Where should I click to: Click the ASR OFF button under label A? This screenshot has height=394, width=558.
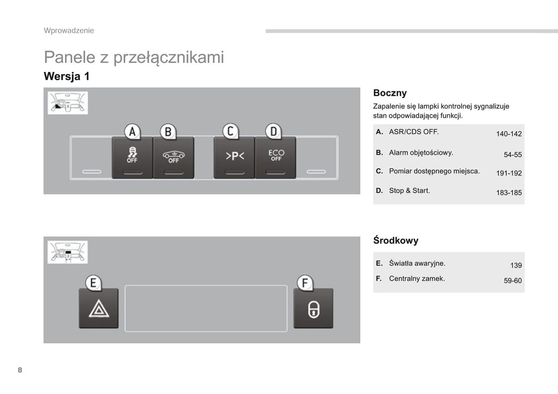tap(132, 157)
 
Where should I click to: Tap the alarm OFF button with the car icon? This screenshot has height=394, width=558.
tap(173, 157)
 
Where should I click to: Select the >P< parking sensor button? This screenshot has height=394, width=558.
tap(234, 157)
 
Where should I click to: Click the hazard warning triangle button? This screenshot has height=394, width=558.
tap(98, 309)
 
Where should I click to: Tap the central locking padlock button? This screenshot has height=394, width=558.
tap(313, 309)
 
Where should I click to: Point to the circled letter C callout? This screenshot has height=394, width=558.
tap(231, 131)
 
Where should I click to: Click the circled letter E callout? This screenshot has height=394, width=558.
tap(93, 283)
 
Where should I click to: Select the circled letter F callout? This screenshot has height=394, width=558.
tap(305, 283)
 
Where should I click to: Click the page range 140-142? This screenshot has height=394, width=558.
tap(509, 134)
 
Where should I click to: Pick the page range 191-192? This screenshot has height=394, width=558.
tap(509, 173)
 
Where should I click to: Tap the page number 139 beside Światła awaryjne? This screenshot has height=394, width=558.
tap(516, 265)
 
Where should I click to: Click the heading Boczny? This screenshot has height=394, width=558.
tap(390, 93)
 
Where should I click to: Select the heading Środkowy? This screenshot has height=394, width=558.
tap(395, 240)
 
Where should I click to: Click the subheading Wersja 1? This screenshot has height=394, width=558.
tap(66, 76)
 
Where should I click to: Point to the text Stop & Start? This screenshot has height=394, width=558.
tap(409, 191)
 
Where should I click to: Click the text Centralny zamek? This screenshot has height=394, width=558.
tap(417, 278)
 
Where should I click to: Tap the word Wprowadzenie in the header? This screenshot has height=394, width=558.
tap(69, 31)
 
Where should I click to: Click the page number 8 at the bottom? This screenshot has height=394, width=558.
tap(20, 370)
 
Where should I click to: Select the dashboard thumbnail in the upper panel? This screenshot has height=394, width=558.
tap(68, 103)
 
